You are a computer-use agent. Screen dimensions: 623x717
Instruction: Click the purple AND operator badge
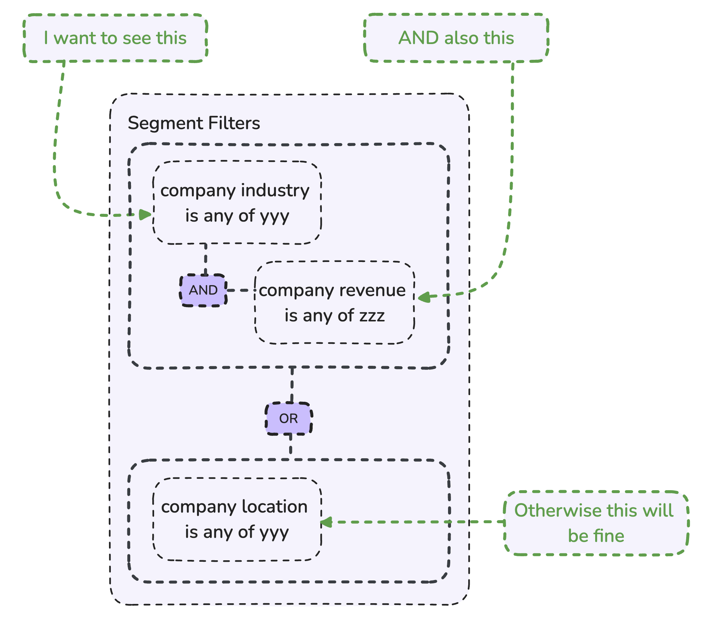click(203, 290)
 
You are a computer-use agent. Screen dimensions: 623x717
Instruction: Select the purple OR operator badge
click(289, 419)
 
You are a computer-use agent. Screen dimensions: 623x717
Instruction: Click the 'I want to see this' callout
click(115, 38)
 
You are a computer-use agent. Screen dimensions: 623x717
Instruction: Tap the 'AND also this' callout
click(456, 38)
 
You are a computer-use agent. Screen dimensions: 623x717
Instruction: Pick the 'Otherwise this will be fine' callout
click(596, 523)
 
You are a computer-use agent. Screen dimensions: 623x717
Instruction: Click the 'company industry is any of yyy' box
click(237, 203)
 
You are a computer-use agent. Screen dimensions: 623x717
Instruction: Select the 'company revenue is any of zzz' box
click(335, 303)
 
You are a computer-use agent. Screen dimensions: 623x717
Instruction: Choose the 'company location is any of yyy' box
click(237, 519)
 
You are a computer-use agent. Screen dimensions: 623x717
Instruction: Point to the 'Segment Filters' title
click(194, 123)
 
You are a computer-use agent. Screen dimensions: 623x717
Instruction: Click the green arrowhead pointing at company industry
click(146, 215)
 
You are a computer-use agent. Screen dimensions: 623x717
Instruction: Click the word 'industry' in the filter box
click(275, 191)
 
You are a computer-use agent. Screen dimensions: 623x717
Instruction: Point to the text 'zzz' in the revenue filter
click(372, 316)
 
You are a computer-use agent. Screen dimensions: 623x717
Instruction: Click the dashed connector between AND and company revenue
click(241, 290)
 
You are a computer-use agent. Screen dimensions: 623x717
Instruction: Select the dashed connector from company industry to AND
click(205, 259)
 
